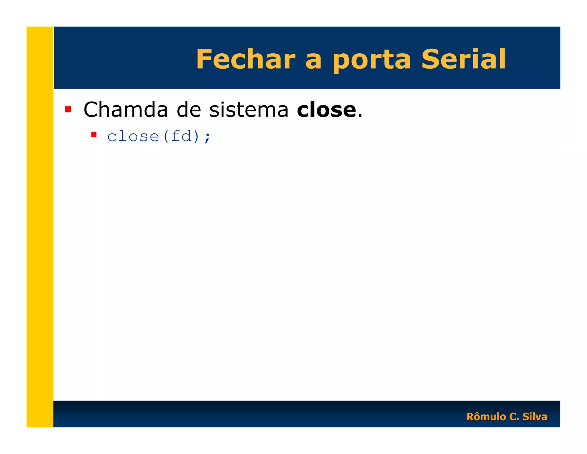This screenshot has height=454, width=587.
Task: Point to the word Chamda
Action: (126, 110)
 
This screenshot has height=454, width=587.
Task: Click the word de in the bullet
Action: (189, 110)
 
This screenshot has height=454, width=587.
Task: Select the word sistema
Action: (249, 110)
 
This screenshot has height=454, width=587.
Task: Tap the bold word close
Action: (326, 110)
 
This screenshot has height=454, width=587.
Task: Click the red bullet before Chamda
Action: (68, 109)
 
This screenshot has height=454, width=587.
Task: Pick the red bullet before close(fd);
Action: (94, 135)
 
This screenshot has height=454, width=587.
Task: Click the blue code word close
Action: (133, 136)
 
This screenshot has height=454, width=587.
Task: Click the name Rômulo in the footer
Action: (486, 417)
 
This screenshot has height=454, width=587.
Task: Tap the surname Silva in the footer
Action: (535, 417)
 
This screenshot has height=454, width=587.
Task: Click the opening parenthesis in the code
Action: (166, 136)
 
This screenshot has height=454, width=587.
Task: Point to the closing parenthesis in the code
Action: (197, 136)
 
